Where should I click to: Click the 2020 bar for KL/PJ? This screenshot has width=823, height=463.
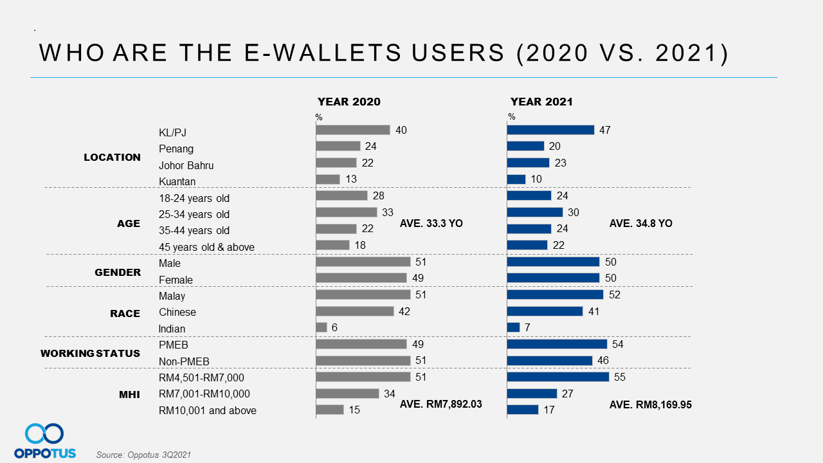pyautogui.click(x=353, y=130)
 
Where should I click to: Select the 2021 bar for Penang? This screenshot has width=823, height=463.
pyautogui.click(x=525, y=146)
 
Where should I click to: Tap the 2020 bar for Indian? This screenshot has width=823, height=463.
pyautogui.click(x=321, y=327)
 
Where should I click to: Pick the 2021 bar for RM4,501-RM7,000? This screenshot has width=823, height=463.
pyautogui.click(x=557, y=377)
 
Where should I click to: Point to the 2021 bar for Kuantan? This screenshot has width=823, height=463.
pyautogui.click(x=516, y=179)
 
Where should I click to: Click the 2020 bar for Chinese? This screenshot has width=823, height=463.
pyautogui.click(x=355, y=311)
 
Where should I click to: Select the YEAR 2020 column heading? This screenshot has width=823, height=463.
pyautogui.click(x=349, y=102)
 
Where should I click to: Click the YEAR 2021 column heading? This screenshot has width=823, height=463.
pyautogui.click(x=541, y=102)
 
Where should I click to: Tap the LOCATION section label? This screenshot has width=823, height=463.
pyautogui.click(x=112, y=157)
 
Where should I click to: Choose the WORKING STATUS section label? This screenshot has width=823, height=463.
pyautogui.click(x=90, y=353)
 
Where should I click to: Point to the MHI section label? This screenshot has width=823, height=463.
pyautogui.click(x=129, y=394)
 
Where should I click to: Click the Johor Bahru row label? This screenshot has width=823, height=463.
pyautogui.click(x=186, y=165)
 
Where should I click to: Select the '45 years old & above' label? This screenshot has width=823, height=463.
pyautogui.click(x=206, y=247)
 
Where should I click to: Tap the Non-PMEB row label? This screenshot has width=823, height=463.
pyautogui.click(x=184, y=361)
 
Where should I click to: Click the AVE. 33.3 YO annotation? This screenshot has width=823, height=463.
pyautogui.click(x=431, y=224)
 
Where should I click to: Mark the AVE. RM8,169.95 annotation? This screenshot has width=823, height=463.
pyautogui.click(x=650, y=405)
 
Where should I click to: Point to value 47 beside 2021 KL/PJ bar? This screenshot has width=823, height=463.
pyautogui.click(x=604, y=130)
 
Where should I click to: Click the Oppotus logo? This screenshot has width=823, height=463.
pyautogui.click(x=45, y=441)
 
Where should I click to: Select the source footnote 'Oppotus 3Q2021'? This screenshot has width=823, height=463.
pyautogui.click(x=143, y=455)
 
